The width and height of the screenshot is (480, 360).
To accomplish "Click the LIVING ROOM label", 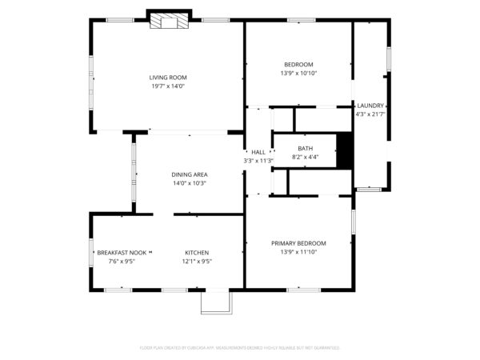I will pyautogui.click(x=168, y=78).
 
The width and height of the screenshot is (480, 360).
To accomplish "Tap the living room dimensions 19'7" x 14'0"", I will pyautogui.click(x=168, y=86).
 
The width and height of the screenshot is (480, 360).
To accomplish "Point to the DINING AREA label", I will pyautogui.click(x=190, y=174).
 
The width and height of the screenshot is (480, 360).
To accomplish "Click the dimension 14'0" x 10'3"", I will pyautogui.click(x=190, y=183).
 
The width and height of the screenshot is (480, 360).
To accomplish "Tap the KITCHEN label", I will pyautogui.click(x=197, y=252).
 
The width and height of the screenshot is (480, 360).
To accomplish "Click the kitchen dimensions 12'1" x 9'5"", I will pyautogui.click(x=197, y=261).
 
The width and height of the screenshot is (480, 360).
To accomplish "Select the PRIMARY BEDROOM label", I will pyautogui.click(x=298, y=243).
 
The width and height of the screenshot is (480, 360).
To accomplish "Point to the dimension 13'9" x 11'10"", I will pyautogui.click(x=298, y=252).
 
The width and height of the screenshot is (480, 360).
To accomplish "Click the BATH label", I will pyautogui.click(x=306, y=148).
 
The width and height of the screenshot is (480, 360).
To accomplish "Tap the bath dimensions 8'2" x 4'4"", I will pyautogui.click(x=306, y=157).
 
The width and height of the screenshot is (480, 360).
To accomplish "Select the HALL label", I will pyautogui.click(x=258, y=152).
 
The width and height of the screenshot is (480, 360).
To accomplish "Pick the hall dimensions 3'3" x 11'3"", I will pyautogui.click(x=258, y=161).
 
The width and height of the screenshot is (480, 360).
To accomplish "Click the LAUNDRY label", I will pyautogui.click(x=370, y=106).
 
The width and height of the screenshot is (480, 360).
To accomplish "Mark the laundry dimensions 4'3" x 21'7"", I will pyautogui.click(x=370, y=114).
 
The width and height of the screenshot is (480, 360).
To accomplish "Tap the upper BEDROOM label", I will pyautogui.click(x=298, y=65).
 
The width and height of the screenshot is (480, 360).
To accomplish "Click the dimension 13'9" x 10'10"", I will pyautogui.click(x=298, y=74).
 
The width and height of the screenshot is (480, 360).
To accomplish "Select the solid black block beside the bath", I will pyautogui.click(x=345, y=151).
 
